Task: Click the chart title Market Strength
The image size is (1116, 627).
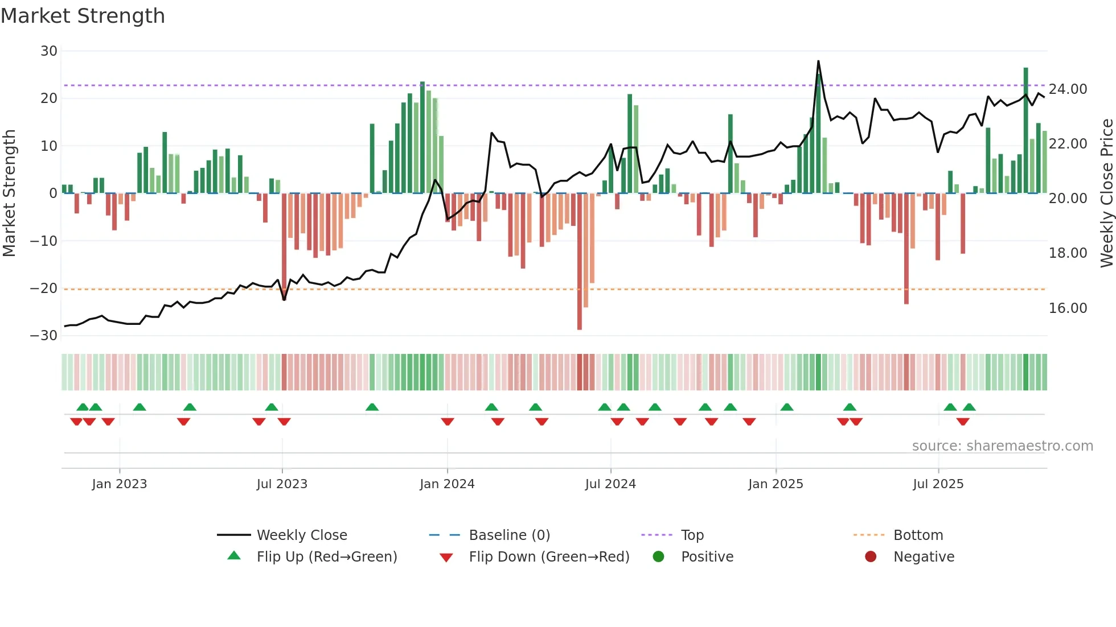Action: (83, 16)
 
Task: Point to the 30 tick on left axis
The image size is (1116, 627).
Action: (49, 51)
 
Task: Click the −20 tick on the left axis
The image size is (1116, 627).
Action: (44, 288)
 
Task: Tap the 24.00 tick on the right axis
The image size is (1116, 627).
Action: (1068, 89)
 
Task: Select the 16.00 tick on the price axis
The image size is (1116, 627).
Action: (1068, 308)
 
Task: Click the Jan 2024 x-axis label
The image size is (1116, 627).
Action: (447, 484)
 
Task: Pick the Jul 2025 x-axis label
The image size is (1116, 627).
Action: (938, 484)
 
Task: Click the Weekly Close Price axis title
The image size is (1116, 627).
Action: (1106, 193)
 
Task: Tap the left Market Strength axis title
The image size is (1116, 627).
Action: (10, 193)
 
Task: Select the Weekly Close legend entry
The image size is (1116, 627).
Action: (302, 535)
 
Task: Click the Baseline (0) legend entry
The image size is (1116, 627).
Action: (509, 535)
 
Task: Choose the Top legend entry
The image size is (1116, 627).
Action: (692, 535)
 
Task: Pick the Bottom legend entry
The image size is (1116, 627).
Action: (918, 535)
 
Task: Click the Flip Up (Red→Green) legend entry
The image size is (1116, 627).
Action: (326, 557)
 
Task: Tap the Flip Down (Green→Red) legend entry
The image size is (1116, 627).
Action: (549, 557)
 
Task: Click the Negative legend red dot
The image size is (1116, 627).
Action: (871, 557)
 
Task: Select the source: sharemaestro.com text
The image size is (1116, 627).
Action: (1002, 446)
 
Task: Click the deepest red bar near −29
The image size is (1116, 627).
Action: (580, 262)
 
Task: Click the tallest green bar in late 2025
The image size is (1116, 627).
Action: (1025, 131)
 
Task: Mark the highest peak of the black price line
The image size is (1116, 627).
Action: (818, 61)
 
